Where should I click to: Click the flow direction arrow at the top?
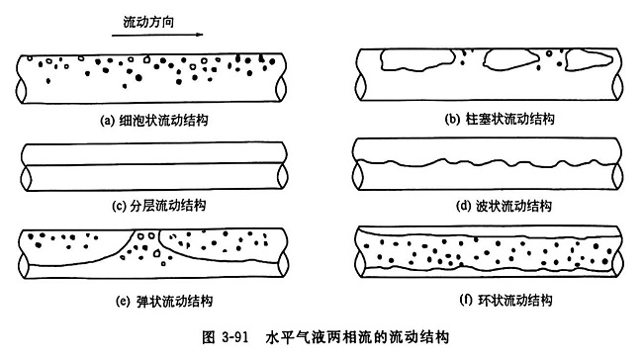click(x=169, y=35)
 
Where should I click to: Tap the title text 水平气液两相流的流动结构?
click(x=356, y=337)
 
